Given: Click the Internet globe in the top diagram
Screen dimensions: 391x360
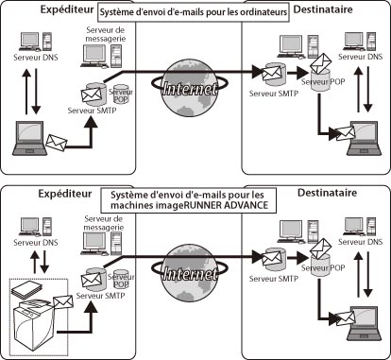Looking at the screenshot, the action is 189,89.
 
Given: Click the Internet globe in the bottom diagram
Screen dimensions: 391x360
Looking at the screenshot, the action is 189,274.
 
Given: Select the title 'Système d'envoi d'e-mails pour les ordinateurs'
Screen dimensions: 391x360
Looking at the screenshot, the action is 194,12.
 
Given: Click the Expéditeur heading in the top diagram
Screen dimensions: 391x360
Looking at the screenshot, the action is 67,9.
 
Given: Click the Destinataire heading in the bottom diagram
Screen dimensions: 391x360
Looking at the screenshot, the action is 328,193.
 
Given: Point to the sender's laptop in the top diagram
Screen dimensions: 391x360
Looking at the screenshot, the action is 29,138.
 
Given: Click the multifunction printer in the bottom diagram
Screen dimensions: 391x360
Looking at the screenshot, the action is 34,323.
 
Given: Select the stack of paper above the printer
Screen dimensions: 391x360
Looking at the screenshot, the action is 26,290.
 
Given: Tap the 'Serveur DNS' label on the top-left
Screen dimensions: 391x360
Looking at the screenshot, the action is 36,58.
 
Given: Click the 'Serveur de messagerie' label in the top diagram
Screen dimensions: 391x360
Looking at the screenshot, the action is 106,34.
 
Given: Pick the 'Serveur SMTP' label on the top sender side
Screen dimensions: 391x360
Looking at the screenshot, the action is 92,111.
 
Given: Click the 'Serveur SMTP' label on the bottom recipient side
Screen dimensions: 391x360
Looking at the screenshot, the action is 274,279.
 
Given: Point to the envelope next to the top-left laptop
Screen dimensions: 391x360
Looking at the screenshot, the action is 57,143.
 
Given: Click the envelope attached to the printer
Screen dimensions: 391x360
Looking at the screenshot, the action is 63,302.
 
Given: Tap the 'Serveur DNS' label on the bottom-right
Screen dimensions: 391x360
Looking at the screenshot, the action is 361,242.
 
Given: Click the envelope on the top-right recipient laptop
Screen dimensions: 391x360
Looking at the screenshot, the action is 346,133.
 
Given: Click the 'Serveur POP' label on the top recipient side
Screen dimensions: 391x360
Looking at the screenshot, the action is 323,81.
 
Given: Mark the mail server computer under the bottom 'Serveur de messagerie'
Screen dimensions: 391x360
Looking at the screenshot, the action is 102,244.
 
